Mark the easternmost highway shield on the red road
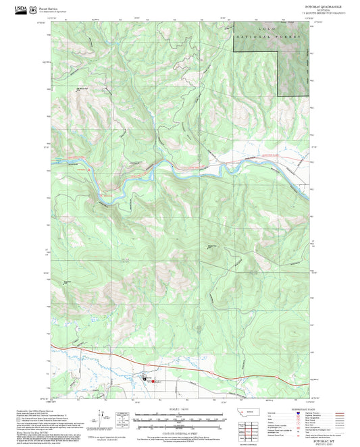(x=278, y=377)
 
